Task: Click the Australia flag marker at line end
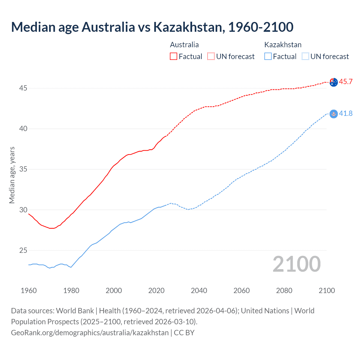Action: (x=334, y=82)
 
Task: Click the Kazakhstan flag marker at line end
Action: (x=334, y=114)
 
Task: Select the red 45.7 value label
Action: (x=346, y=82)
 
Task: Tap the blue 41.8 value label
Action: (x=346, y=113)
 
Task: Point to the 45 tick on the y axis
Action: (x=23, y=88)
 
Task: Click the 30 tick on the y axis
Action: (x=23, y=210)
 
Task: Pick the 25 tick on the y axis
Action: (x=23, y=250)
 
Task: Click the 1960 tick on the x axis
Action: (x=29, y=291)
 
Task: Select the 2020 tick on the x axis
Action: (x=156, y=291)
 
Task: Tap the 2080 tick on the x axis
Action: (x=284, y=291)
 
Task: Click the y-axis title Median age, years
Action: (x=12, y=175)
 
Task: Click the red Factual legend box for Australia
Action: (x=174, y=56)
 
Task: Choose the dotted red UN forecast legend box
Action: (x=211, y=56)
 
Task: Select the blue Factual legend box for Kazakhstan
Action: (x=268, y=56)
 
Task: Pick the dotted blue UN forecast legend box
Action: (x=305, y=56)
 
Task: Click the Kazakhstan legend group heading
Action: (x=283, y=45)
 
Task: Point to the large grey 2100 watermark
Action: (x=296, y=264)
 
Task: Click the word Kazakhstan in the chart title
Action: (x=189, y=27)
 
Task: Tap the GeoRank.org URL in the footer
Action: (x=90, y=332)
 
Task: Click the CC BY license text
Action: (x=184, y=332)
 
